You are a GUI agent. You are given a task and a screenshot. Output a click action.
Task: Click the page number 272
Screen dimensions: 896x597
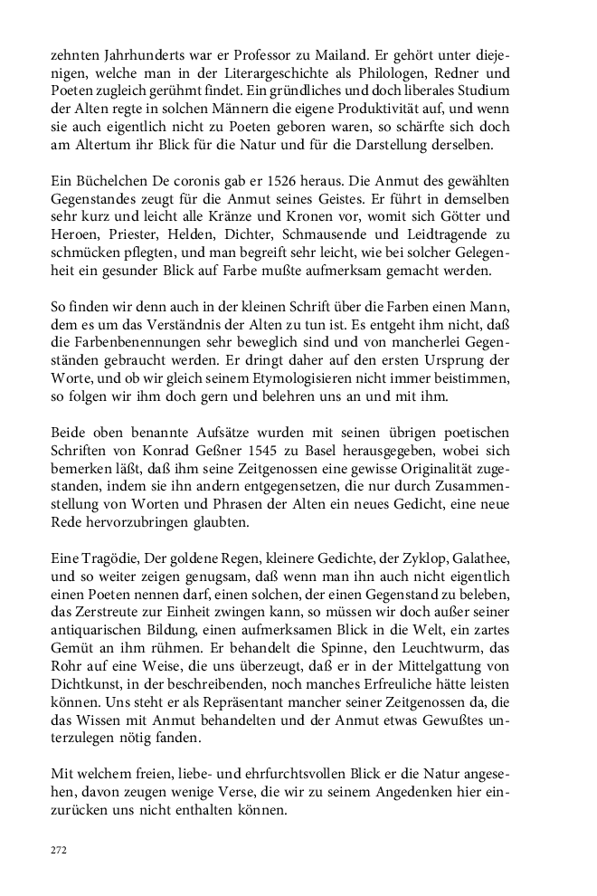pyautogui.click(x=58, y=850)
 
